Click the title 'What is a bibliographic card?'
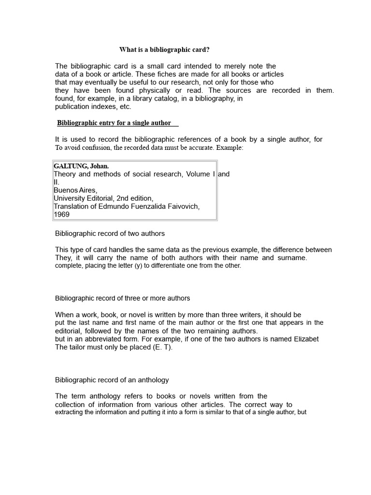pyautogui.click(x=165, y=50)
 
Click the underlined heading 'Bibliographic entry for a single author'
pyautogui.click(x=118, y=123)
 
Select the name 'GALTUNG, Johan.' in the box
pyautogui.click(x=81, y=166)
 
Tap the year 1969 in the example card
pyautogui.click(x=61, y=214)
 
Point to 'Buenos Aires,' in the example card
pyautogui.click(x=75, y=190)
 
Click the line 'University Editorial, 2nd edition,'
pyautogui.click(x=103, y=198)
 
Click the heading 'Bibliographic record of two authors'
pyautogui.click(x=110, y=233)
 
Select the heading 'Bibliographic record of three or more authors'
pyautogui.click(x=122, y=298)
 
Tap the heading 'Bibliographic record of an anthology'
pyautogui.click(x=112, y=380)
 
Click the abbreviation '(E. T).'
pyautogui.click(x=161, y=348)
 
